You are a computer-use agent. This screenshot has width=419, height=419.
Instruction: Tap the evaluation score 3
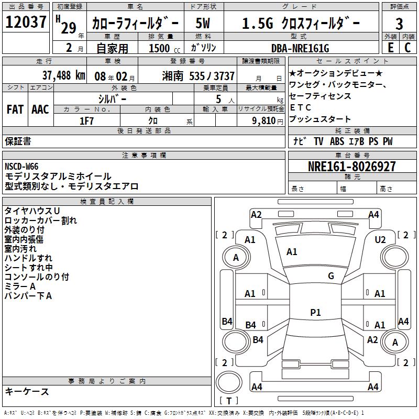pyautogui.click(x=399, y=24)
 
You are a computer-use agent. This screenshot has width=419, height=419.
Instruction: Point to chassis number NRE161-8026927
pyautogui.click(x=351, y=167)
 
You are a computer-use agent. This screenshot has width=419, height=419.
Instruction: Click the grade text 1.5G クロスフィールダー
pyautogui.click(x=301, y=24)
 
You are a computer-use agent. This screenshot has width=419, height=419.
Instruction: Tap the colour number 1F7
pyautogui.click(x=86, y=120)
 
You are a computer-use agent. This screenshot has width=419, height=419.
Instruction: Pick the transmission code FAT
pyautogui.click(x=15, y=109)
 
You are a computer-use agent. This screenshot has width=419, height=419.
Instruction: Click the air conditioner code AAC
pyautogui.click(x=40, y=109)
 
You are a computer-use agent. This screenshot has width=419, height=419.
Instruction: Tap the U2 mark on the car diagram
pyautogui.click(x=380, y=239)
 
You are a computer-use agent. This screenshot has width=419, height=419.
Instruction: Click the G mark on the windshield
pyautogui.click(x=331, y=276)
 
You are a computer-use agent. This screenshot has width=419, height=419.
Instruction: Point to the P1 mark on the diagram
pyautogui.click(x=315, y=313)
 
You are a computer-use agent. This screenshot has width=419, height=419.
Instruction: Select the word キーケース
pyautogui.click(x=27, y=392)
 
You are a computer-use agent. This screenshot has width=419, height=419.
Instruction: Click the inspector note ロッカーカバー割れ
pyautogui.click(x=41, y=220)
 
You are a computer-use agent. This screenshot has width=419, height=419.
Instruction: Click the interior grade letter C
pyautogui.click(x=407, y=48)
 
